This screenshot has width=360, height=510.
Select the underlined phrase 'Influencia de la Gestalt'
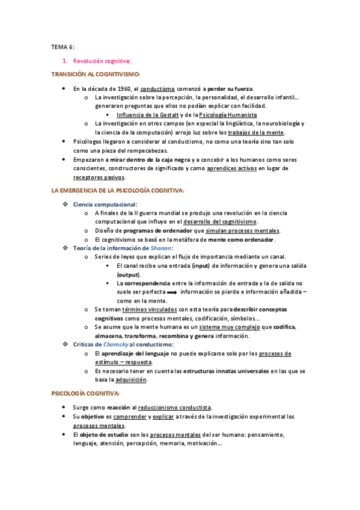tap(147, 114)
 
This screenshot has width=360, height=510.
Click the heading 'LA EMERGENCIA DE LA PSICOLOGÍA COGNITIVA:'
tap(118, 191)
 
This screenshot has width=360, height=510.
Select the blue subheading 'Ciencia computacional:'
tap(105, 204)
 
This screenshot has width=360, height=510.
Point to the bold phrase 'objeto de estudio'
tap(100, 434)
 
